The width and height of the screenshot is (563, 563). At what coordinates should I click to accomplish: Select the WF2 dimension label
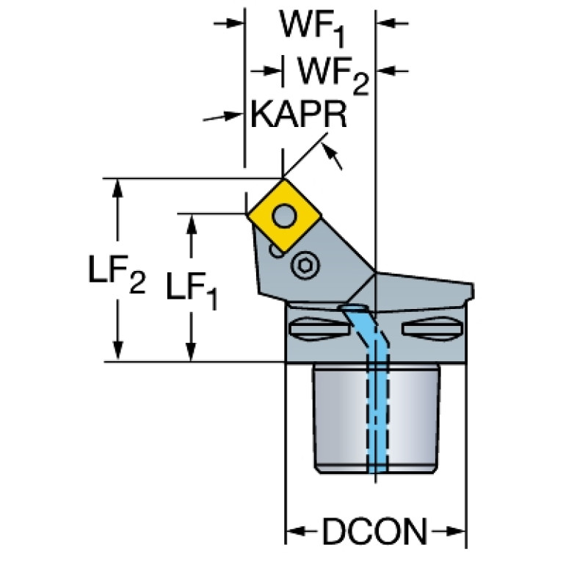click(x=333, y=76)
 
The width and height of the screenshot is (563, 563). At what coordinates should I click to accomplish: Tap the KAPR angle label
click(x=299, y=114)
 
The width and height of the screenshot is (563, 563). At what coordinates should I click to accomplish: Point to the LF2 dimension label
click(x=117, y=274)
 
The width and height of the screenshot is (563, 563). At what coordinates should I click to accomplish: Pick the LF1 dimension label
click(x=192, y=291)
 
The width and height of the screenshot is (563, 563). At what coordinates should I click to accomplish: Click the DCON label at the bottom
click(x=375, y=531)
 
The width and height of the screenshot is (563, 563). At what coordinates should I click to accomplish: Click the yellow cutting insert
click(x=284, y=216)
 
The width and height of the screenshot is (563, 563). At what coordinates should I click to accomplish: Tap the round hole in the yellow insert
click(x=284, y=216)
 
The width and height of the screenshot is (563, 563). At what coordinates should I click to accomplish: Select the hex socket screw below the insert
click(x=305, y=266)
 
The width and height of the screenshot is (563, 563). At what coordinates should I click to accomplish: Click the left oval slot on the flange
click(x=319, y=329)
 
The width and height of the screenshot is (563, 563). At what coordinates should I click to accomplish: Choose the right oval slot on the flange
click(x=432, y=329)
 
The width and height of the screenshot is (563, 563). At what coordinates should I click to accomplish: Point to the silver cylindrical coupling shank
click(x=376, y=418)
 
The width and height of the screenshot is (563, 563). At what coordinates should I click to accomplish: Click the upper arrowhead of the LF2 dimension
click(x=117, y=188)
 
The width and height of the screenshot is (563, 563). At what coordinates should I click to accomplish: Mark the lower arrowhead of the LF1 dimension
click(x=192, y=352)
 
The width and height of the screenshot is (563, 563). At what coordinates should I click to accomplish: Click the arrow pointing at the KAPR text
click(x=222, y=116)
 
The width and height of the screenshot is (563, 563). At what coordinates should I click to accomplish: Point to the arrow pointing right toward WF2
click(x=266, y=70)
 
